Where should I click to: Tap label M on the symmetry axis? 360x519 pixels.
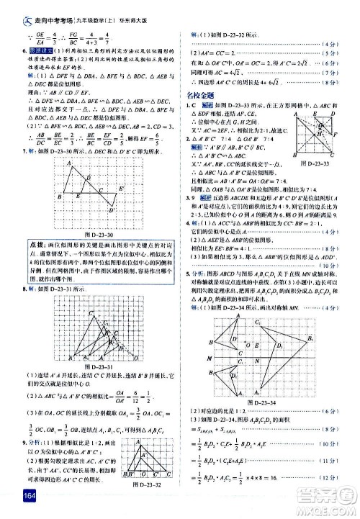210,357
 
